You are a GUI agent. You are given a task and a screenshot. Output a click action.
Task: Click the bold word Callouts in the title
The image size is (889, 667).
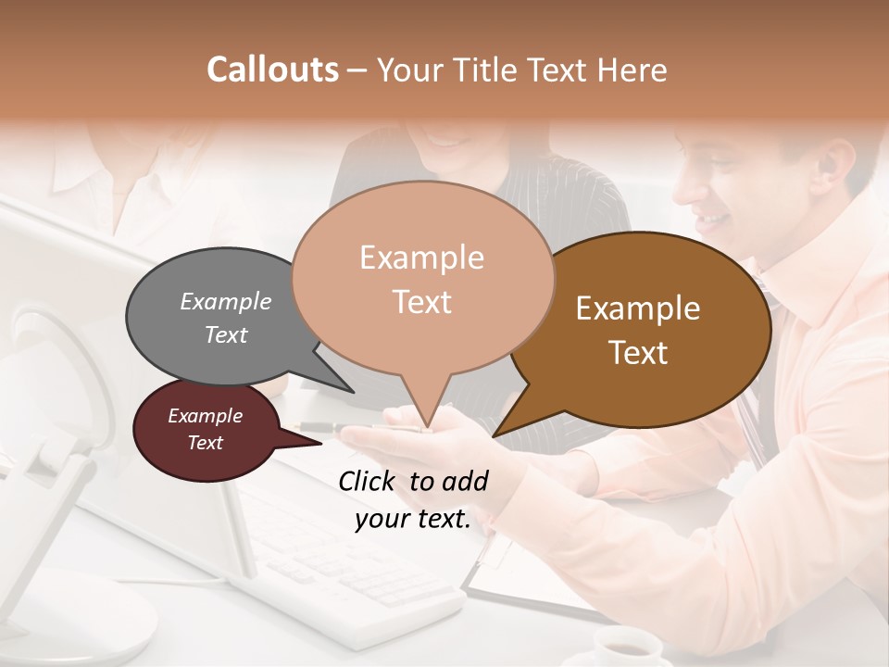click(272, 69)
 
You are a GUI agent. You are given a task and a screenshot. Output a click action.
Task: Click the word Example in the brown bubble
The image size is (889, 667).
click(638, 308)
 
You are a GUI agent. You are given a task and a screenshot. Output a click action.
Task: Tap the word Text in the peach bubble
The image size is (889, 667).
click(422, 302)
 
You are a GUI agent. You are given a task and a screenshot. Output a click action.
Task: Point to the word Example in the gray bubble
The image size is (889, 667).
click(226, 301)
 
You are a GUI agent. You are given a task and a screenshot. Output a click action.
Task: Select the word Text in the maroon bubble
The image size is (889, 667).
click(206, 443)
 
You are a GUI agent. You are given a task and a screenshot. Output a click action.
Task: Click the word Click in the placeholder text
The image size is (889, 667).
click(368, 481)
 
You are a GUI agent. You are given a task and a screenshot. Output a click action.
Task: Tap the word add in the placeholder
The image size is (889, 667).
click(465, 481)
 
